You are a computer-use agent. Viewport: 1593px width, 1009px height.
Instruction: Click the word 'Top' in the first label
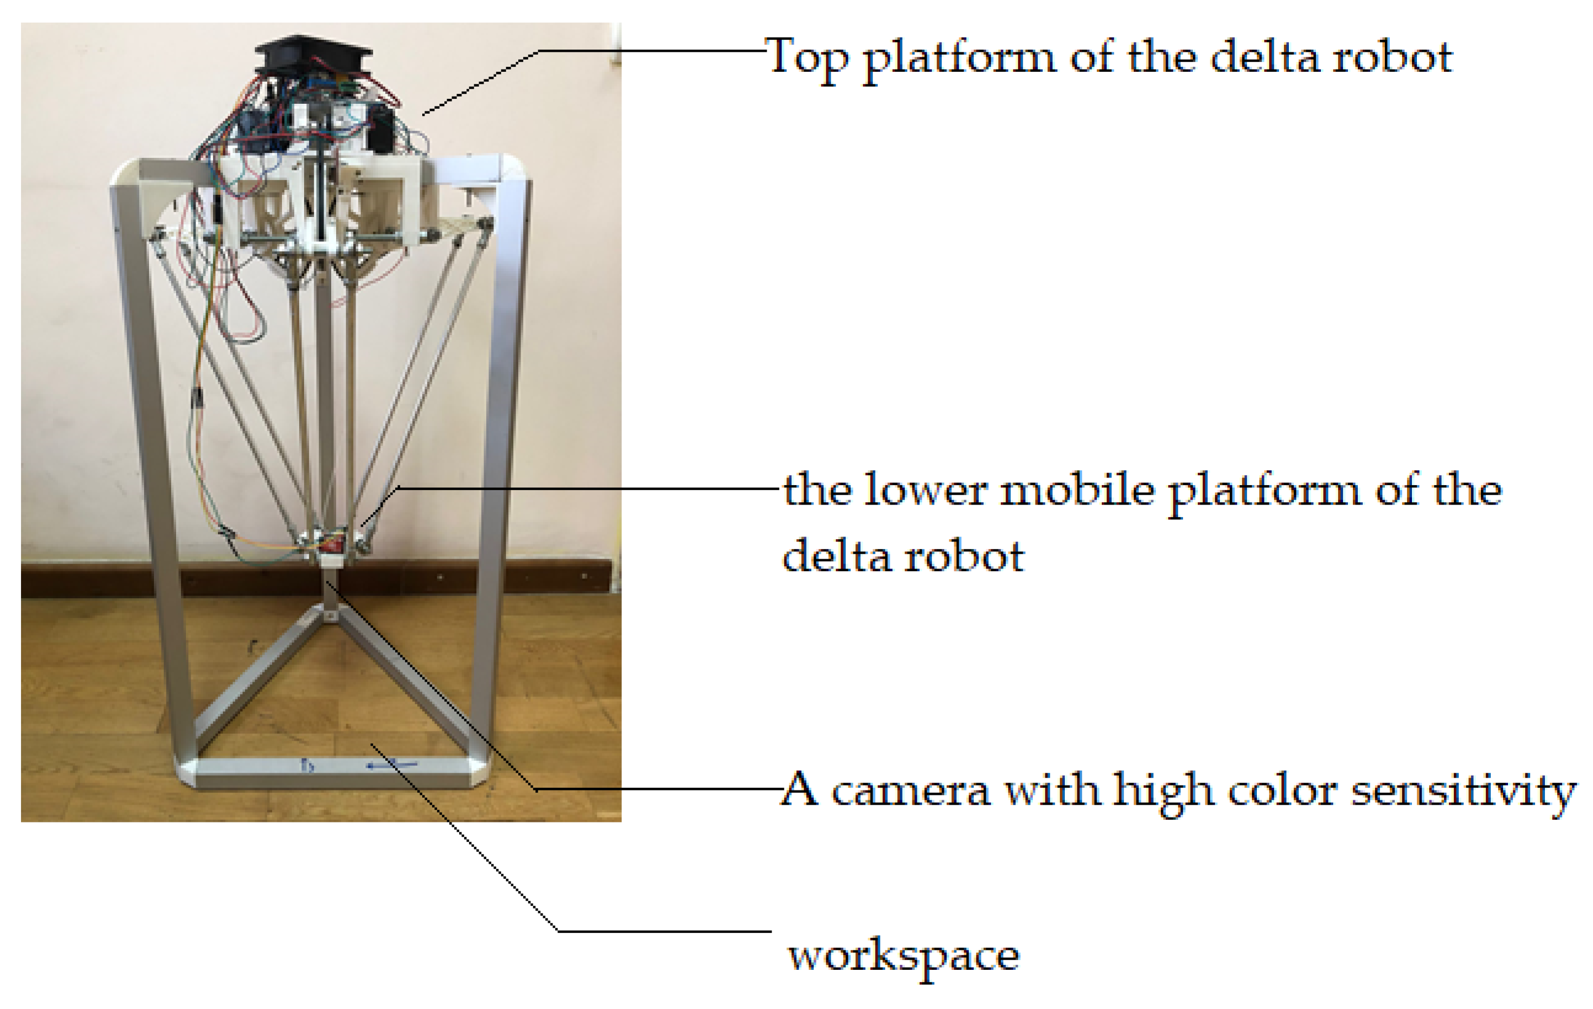806,58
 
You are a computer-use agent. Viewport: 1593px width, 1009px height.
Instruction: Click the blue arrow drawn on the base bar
392,766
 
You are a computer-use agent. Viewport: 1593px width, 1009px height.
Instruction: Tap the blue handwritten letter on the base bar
307,766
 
